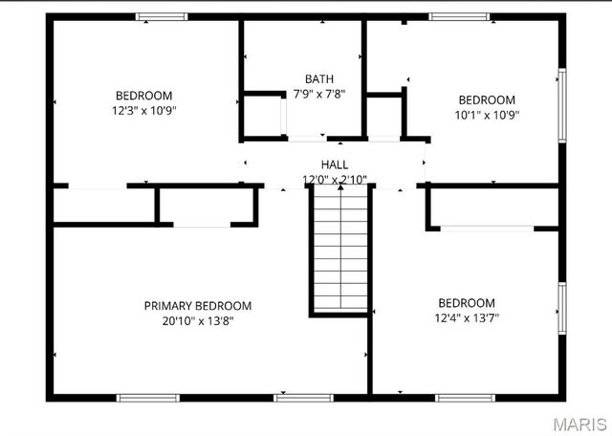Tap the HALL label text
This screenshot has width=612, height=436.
[335, 164]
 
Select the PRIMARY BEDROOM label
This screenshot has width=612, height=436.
[198, 306]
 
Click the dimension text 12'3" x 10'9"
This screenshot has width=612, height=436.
[144, 110]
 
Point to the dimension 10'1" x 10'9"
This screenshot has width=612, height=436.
[487, 115]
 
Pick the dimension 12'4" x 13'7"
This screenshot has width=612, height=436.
[467, 317]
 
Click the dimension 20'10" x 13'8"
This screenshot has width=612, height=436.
[198, 321]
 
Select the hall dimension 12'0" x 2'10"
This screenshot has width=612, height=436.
[335, 180]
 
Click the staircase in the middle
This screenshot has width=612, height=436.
[339, 249]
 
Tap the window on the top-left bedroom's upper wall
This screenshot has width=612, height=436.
[162, 16]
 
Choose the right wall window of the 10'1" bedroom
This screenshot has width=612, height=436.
[562, 98]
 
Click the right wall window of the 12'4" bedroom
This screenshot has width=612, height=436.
[562, 308]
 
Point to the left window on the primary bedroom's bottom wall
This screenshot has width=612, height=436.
[147, 397]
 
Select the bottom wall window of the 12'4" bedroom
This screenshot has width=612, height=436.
[463, 397]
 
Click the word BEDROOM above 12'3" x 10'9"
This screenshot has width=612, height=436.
[144, 95]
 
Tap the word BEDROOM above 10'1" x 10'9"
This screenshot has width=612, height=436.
[487, 99]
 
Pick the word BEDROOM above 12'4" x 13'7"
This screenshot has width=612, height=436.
[467, 302]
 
